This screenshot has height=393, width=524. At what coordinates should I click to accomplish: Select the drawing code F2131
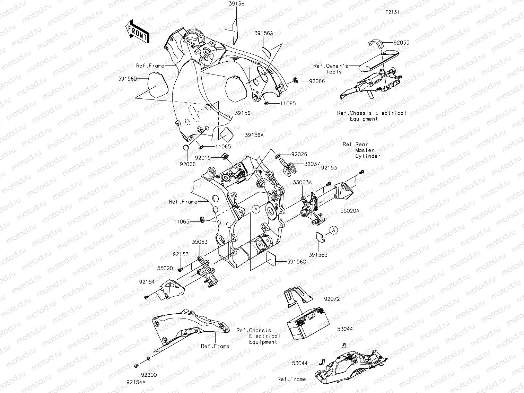[x=392, y=12]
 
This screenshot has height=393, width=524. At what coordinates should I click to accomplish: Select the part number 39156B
[x=318, y=255]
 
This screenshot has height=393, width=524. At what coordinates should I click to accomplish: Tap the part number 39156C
[x=296, y=262]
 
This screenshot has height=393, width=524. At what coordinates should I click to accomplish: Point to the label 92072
[x=332, y=298]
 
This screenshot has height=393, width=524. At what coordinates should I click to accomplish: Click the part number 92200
[x=149, y=375]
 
